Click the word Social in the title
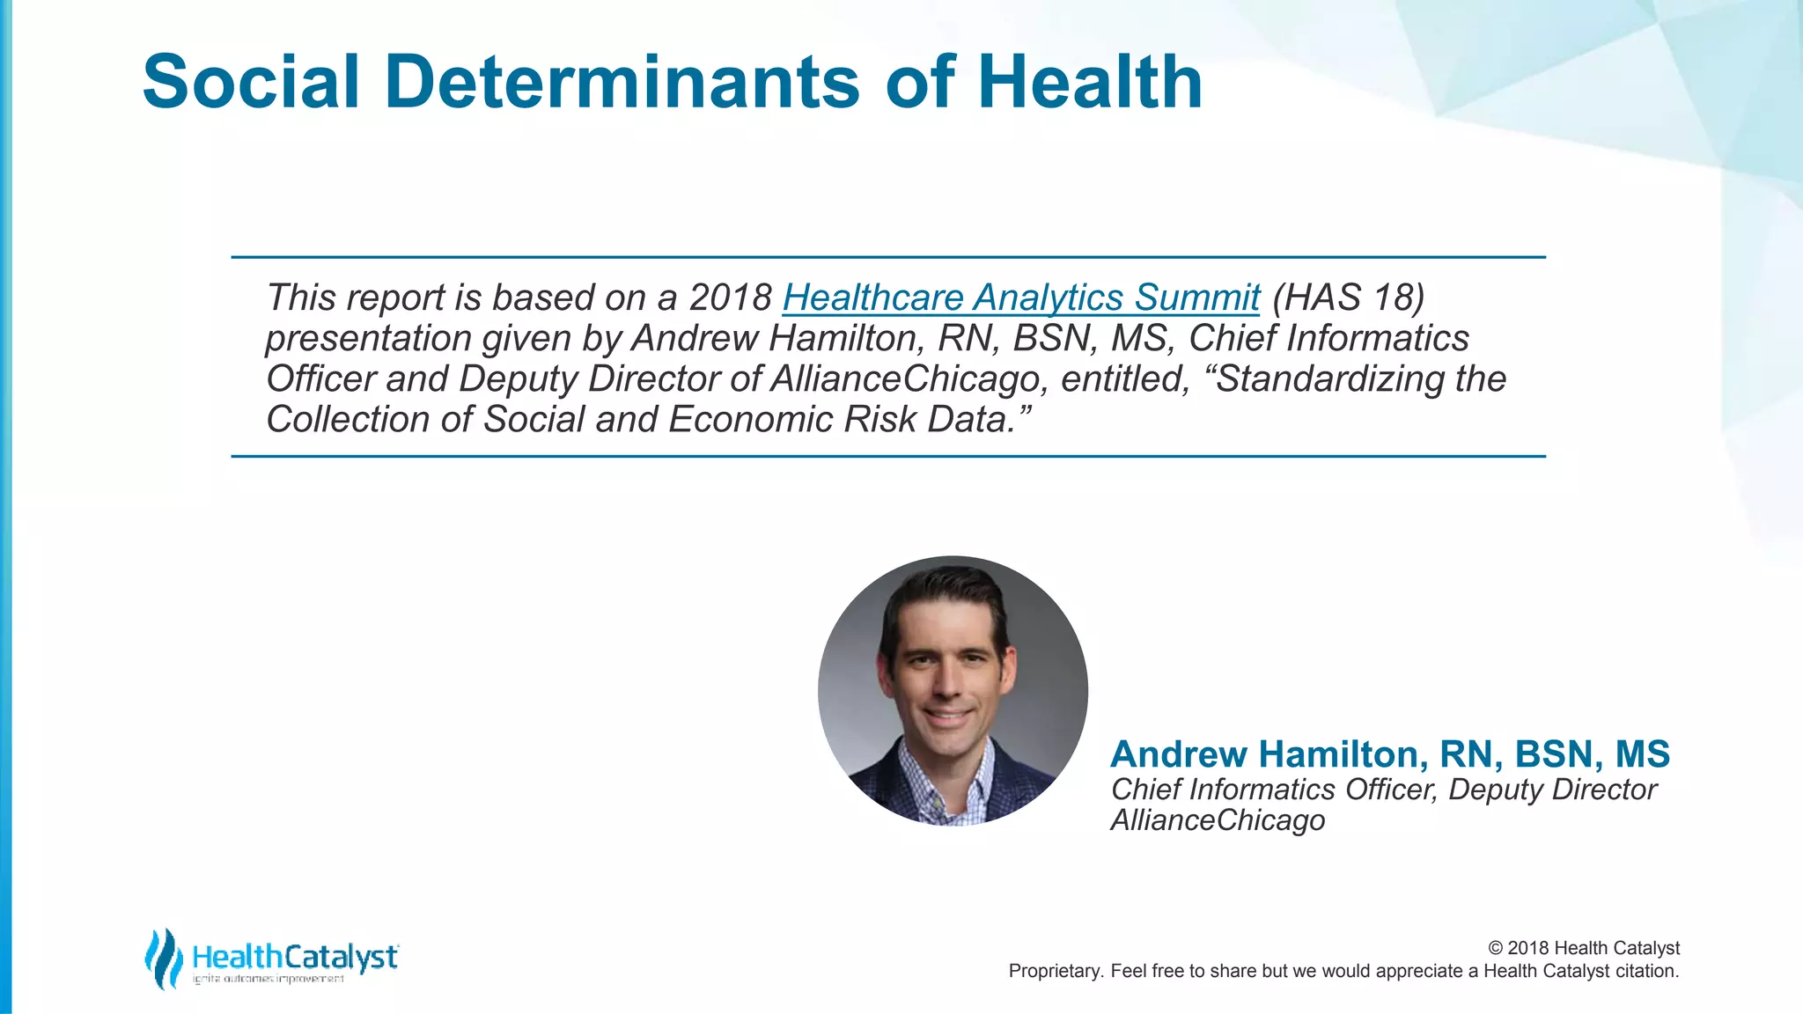[251, 82]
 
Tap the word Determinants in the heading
[622, 82]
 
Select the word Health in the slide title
[1090, 82]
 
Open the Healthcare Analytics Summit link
[1021, 298]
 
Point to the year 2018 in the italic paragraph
[730, 298]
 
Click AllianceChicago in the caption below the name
[1218, 819]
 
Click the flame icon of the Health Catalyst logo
[163, 959]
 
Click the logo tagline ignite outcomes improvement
[268, 979]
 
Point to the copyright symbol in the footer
[1495, 948]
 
